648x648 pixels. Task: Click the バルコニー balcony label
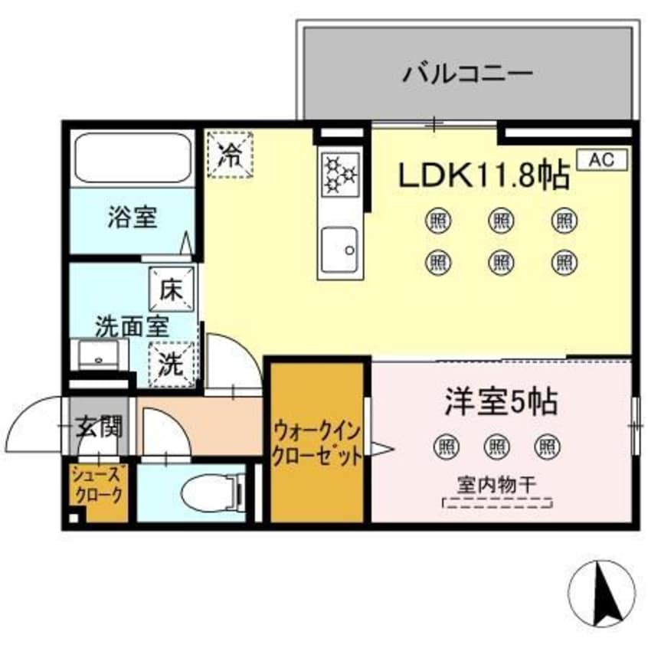click(x=467, y=75)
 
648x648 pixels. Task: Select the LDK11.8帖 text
click(x=483, y=177)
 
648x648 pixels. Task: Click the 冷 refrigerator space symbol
click(x=231, y=155)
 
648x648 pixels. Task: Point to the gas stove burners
click(x=341, y=173)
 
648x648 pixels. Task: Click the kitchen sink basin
click(x=341, y=250)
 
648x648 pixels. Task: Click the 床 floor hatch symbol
click(x=172, y=290)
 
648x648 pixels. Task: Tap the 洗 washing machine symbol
click(x=173, y=363)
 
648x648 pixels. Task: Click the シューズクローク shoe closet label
click(x=97, y=486)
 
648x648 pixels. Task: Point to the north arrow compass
click(x=604, y=592)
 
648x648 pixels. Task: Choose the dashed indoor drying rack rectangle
click(x=498, y=503)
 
